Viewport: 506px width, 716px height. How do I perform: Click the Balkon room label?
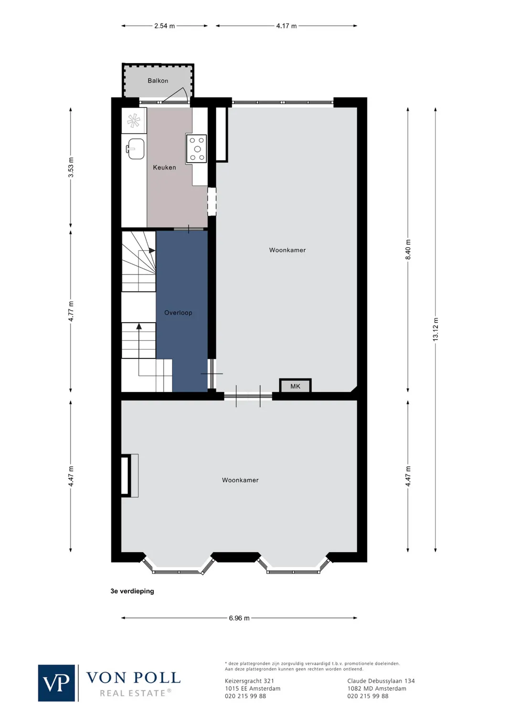pos(158,81)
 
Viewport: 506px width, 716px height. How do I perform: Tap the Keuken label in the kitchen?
pos(164,168)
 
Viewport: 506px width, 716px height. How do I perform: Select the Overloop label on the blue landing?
pos(178,313)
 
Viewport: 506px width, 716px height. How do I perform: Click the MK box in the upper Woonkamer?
pos(295,386)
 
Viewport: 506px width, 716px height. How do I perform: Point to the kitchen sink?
pos(136,149)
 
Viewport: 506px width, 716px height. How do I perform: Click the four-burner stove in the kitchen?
pos(197,149)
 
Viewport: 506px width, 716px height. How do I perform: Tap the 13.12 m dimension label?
pos(435,329)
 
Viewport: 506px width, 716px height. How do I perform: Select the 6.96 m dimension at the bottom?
pos(239,618)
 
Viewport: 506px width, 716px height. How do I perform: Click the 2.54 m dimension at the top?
pos(164,26)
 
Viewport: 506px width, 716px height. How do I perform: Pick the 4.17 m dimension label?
pos(286,26)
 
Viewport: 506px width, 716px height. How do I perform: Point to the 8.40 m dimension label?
pos(408,250)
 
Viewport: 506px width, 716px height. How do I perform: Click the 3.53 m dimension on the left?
pos(71,168)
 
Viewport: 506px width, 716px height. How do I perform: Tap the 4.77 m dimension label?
pos(71,311)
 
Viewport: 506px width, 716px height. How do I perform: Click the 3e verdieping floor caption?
pos(132,591)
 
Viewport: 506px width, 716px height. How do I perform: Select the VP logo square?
pos(56,683)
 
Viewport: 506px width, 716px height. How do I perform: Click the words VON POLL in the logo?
pos(133,678)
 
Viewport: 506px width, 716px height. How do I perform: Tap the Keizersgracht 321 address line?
pos(249,681)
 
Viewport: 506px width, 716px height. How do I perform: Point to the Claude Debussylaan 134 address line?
pos(381,681)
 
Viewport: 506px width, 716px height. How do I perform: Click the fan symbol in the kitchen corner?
pos(134,120)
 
